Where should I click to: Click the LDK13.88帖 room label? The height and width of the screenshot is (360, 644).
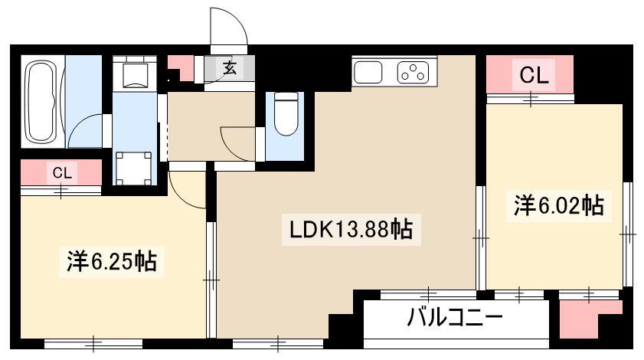[x=351, y=229]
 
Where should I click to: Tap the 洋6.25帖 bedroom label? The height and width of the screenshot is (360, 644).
[x=112, y=261]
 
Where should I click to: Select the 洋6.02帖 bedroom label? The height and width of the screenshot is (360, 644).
[x=559, y=205]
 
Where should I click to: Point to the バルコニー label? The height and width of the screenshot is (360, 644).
[x=455, y=317]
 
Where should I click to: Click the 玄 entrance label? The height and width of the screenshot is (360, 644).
[x=230, y=68]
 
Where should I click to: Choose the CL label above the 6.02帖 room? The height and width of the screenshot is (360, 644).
[x=534, y=76]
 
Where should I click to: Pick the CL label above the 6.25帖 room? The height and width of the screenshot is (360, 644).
[x=62, y=173]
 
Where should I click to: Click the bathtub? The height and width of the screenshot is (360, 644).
[x=41, y=102]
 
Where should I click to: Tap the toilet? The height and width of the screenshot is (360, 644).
[x=286, y=114]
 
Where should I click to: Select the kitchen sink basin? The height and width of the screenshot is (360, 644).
[x=368, y=72]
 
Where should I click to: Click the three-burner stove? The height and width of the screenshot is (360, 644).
[x=414, y=72]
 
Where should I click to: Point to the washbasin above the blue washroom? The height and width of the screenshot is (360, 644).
[x=135, y=74]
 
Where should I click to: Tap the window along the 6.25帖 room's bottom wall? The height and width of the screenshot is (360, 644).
[x=93, y=344]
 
